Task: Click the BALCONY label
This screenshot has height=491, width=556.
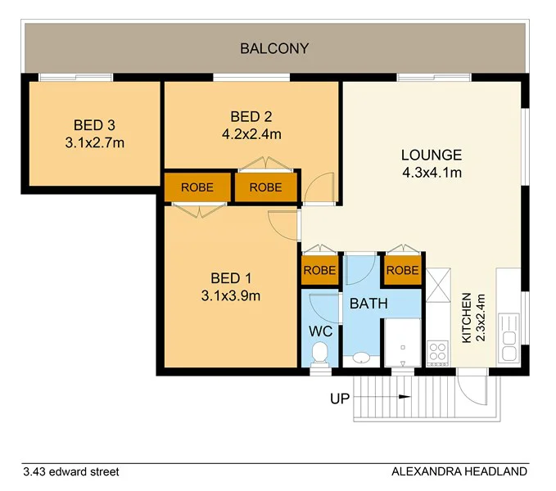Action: (x=274, y=48)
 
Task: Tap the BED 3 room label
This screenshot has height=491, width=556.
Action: (x=94, y=125)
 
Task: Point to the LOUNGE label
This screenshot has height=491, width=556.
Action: (x=432, y=155)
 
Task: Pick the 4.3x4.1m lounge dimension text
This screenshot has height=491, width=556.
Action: (x=432, y=173)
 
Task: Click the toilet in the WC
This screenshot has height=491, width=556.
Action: (x=321, y=353)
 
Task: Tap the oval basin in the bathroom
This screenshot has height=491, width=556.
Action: (x=359, y=358)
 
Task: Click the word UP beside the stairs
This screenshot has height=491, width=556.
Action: (x=339, y=399)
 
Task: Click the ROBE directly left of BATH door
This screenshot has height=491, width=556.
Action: (x=319, y=270)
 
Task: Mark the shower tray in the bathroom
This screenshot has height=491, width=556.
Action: (x=402, y=342)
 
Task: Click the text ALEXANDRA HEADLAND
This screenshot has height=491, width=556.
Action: (x=459, y=471)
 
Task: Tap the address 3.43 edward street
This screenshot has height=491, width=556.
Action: (x=71, y=471)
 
